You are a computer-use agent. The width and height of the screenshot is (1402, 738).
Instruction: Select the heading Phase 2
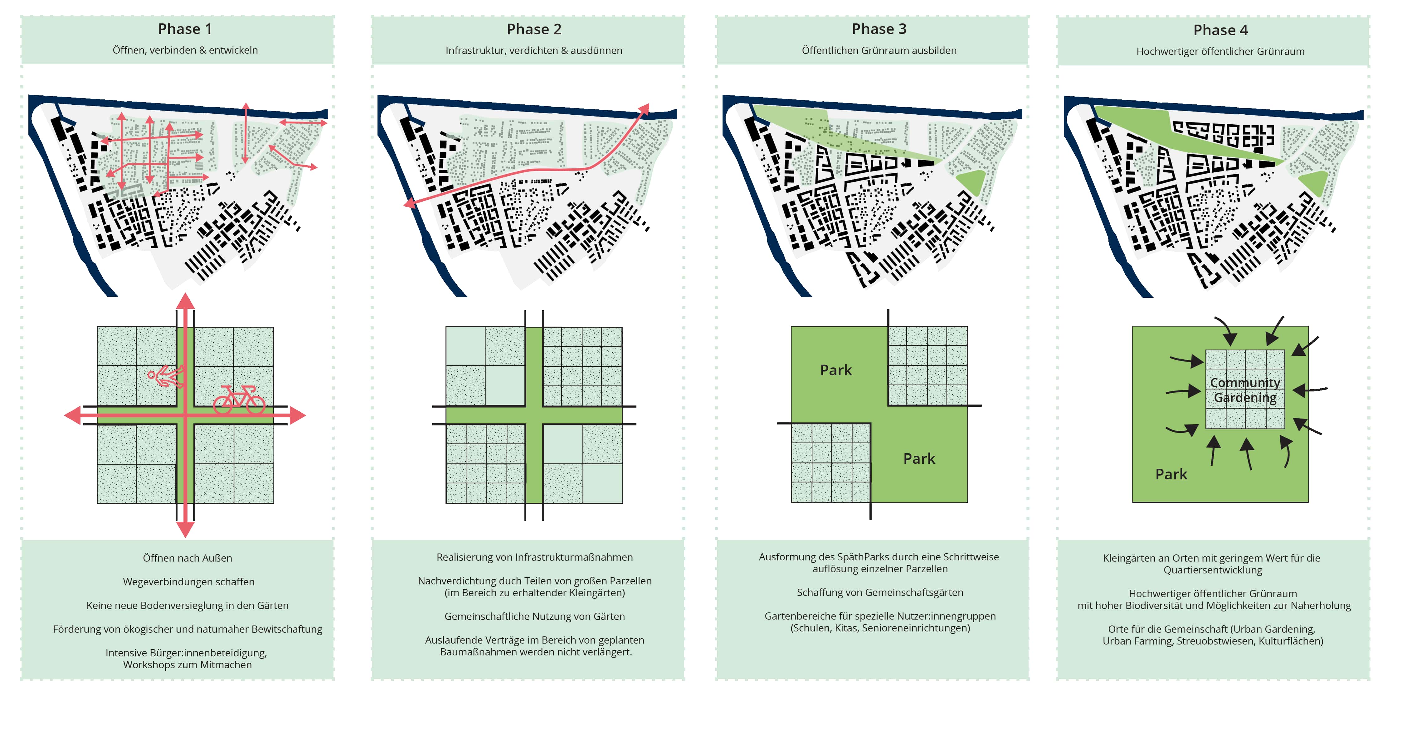coord(533,29)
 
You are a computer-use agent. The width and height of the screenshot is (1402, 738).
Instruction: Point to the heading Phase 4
coord(1220,31)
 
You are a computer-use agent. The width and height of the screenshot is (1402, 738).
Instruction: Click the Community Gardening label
coord(1245,390)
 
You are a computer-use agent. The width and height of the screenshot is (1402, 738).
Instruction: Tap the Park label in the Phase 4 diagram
coord(1171,474)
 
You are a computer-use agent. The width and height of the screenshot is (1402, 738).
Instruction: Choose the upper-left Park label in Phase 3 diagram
coord(835,370)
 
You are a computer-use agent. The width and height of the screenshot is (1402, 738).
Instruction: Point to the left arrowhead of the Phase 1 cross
coord(72,415)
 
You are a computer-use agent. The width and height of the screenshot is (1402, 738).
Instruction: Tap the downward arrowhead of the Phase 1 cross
coord(186,529)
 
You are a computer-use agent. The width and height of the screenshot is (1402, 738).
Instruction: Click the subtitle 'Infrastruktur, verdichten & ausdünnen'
coord(533,50)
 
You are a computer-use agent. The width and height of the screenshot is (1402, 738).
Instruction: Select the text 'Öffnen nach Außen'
coord(187,558)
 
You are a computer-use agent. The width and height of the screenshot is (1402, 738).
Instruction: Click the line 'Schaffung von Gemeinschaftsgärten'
coord(879,592)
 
